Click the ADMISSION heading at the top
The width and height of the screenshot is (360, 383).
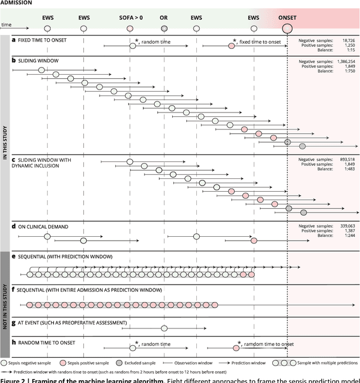tap(16, 3)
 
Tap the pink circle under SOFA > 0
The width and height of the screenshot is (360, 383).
tap(130, 28)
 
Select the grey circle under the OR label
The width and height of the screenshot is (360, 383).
tap(164, 28)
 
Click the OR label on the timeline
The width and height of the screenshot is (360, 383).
tap(164, 17)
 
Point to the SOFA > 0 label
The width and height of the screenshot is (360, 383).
tap(131, 17)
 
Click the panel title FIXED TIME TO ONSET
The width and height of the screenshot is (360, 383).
tap(43, 40)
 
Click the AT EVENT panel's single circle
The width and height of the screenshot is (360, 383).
tap(164, 328)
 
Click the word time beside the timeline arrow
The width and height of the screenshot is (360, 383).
tap(6, 25)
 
